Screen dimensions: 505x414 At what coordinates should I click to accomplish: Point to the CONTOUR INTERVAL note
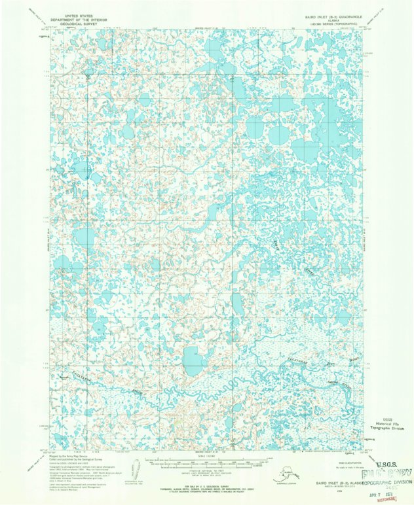[208, 470]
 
